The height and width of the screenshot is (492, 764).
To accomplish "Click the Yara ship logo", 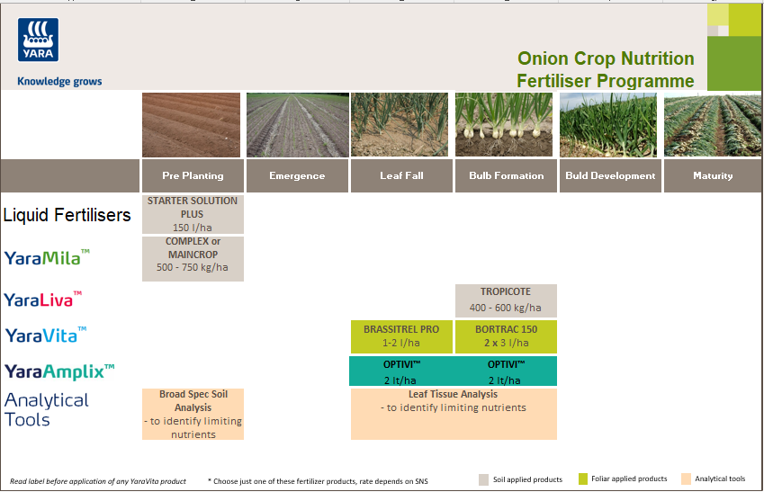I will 38,40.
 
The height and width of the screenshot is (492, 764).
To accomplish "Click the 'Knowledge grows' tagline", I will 59,82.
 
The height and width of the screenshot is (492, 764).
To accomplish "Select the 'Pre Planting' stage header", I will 193,176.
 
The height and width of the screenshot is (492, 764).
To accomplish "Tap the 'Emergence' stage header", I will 297,176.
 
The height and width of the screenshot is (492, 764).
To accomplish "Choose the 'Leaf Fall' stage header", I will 401,176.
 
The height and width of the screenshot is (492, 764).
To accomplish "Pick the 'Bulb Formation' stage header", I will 506,176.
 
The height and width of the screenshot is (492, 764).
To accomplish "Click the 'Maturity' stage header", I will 713,176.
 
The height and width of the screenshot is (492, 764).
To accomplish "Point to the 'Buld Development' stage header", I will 610,176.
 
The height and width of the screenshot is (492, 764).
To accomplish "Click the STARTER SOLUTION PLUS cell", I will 193,214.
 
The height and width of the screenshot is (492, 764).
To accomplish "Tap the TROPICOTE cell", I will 506,300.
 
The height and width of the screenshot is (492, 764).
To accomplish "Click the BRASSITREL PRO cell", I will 401,335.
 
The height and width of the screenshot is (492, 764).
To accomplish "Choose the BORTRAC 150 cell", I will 506,335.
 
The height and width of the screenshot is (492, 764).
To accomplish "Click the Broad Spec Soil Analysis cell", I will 193,414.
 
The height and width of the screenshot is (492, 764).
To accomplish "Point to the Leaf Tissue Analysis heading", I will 453,394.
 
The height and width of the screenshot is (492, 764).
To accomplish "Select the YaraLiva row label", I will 43,300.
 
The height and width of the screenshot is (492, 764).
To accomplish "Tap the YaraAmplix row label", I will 59,371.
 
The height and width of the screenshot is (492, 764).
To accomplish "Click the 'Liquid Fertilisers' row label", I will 67,215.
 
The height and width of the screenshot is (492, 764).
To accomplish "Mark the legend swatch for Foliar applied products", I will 583,479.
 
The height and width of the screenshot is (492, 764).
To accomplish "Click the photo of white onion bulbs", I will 506,125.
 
